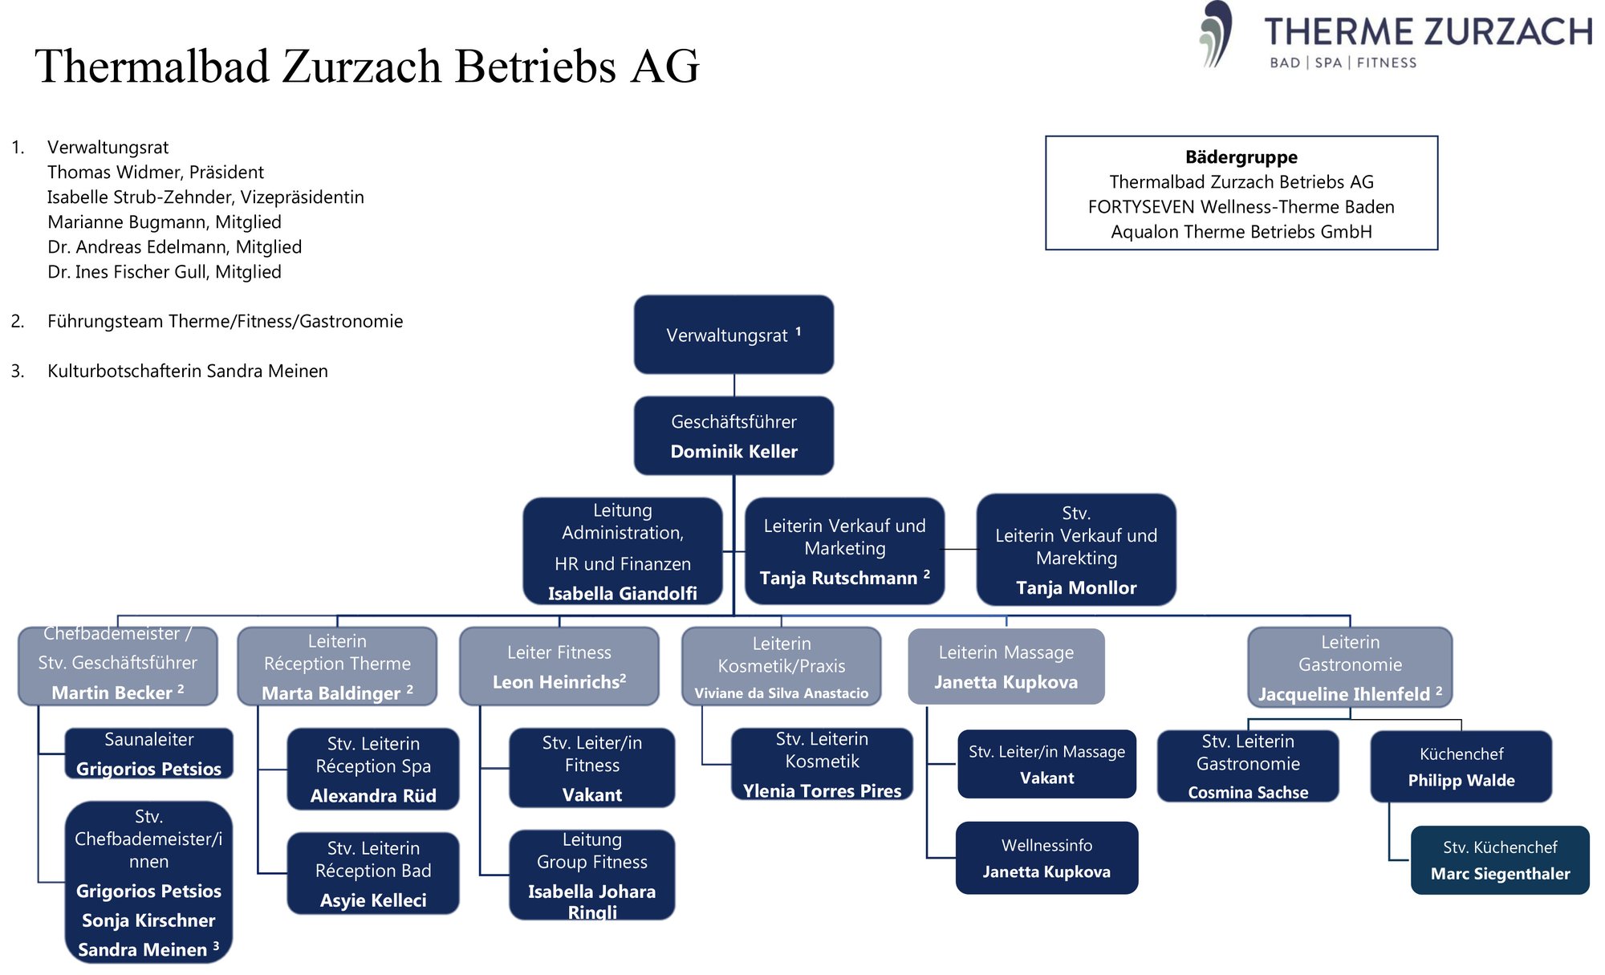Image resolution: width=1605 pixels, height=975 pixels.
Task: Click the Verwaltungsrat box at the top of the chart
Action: click(x=733, y=335)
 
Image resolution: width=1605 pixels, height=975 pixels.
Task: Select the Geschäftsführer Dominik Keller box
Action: click(x=733, y=436)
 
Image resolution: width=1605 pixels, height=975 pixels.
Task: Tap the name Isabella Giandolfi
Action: click(x=622, y=594)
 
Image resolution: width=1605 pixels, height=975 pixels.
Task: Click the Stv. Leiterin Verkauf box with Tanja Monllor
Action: click(x=1076, y=550)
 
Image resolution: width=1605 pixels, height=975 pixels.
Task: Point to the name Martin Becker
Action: click(x=112, y=693)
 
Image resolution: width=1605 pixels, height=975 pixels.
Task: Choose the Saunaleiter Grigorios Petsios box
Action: click(x=148, y=754)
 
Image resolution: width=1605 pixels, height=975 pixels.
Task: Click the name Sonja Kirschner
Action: click(x=148, y=920)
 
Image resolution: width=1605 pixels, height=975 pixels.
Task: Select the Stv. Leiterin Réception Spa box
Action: click(x=373, y=769)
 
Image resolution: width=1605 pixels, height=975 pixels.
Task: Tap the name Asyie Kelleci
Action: click(x=373, y=900)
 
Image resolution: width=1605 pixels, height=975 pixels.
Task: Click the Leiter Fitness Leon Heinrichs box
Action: click(x=559, y=667)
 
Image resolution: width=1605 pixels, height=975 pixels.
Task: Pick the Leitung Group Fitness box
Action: click(x=592, y=875)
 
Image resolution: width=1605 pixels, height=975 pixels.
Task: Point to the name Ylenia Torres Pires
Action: click(x=822, y=791)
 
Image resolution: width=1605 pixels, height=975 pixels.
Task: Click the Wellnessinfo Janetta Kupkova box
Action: click(x=1046, y=858)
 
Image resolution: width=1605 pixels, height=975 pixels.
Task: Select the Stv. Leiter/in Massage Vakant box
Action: click(x=1046, y=764)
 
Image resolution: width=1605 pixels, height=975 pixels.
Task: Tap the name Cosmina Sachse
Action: click(x=1248, y=793)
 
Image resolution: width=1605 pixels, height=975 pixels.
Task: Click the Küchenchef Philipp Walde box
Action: click(x=1461, y=766)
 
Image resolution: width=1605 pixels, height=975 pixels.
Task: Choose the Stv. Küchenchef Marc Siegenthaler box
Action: click(x=1500, y=860)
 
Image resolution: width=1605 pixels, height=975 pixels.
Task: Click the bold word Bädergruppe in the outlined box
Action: click(x=1241, y=157)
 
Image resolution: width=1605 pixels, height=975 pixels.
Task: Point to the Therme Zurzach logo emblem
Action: click(x=1216, y=34)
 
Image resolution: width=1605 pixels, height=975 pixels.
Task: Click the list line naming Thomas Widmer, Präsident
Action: click(x=156, y=173)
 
